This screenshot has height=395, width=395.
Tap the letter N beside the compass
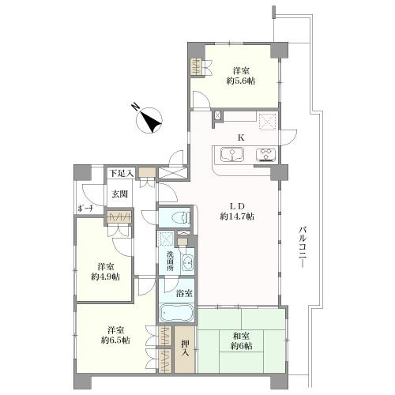point(136,107)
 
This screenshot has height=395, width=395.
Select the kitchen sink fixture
point(232,155)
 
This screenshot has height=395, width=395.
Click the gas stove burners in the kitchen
point(265,155)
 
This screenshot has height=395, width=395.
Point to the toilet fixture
point(181,218)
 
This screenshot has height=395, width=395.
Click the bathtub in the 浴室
point(177,314)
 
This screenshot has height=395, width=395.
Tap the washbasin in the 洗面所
point(188,262)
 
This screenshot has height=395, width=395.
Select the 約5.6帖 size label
point(241,81)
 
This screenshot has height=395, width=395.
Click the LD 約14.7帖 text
point(237,211)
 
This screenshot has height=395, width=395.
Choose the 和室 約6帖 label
point(242,341)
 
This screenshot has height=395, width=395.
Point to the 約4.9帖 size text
point(105,276)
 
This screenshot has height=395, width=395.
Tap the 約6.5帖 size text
point(115,340)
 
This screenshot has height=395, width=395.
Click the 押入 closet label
point(185,348)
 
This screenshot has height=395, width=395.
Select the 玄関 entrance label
point(120,194)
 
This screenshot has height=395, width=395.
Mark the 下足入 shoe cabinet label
point(122,173)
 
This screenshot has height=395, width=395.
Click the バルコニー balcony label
point(302,247)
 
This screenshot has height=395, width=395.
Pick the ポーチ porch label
point(85,209)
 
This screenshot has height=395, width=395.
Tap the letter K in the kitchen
point(240,137)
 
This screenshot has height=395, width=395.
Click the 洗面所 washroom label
point(170,261)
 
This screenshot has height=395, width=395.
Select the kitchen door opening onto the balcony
point(288,137)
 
